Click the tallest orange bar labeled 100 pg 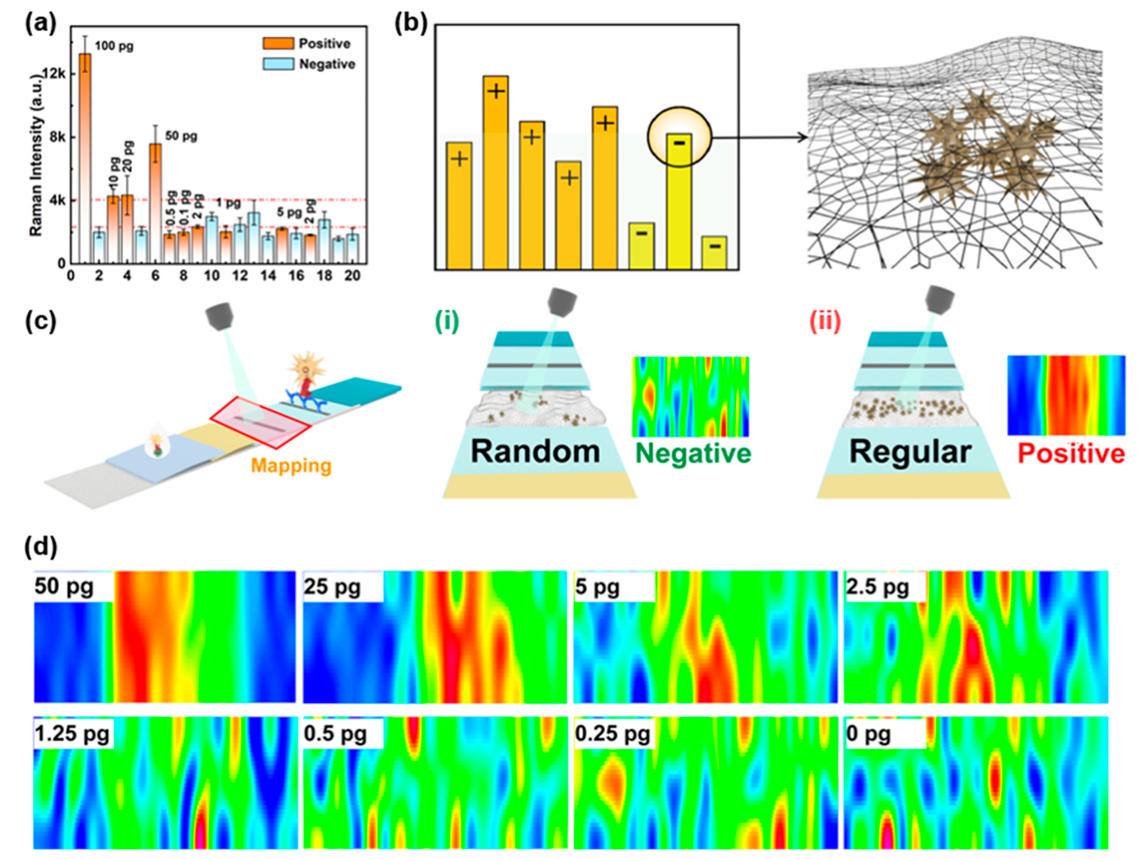click(85, 155)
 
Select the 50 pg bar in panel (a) click(155, 201)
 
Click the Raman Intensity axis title click(35, 155)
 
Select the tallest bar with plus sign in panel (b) click(496, 170)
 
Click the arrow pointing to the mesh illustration click(759, 138)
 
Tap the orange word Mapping click(291, 466)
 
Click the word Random click(535, 452)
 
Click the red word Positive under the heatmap click(1071, 454)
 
